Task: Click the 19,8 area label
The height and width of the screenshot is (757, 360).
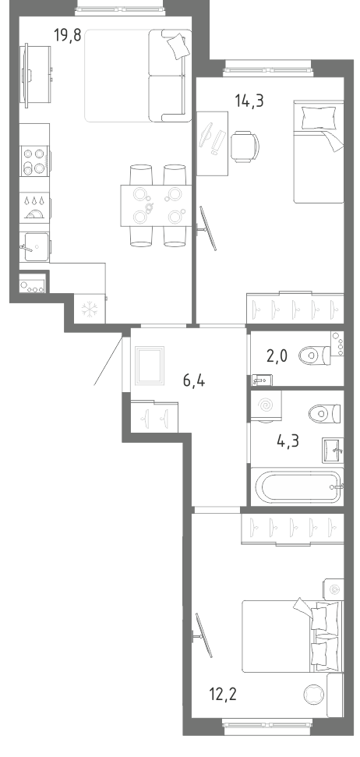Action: (68, 35)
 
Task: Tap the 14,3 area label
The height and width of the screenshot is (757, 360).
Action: (249, 101)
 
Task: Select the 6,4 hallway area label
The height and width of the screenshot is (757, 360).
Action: (194, 381)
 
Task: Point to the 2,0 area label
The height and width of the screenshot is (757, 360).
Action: (277, 356)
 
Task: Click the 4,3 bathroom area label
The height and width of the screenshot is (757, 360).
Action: (288, 441)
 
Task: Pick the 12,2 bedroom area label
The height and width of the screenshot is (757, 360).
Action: (222, 695)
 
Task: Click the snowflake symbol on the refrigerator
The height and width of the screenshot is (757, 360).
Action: (90, 310)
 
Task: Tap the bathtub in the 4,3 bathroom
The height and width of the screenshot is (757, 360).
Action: (297, 487)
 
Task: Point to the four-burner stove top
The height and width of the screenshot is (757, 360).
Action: (35, 161)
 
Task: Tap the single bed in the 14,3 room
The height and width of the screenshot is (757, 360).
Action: (319, 151)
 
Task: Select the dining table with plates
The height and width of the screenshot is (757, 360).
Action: (156, 205)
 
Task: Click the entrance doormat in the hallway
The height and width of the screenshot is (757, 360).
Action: (150, 366)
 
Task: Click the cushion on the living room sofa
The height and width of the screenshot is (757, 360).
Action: (177, 46)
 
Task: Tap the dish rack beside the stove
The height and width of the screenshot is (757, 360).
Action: (35, 206)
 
